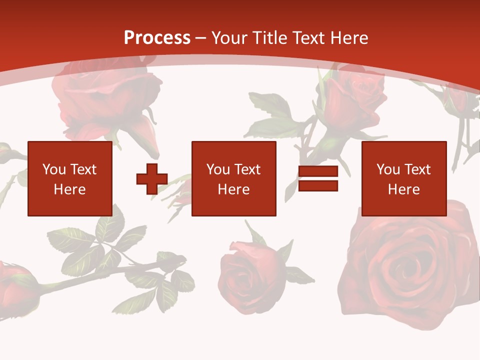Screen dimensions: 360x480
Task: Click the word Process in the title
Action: (157, 38)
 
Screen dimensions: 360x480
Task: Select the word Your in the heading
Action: (230, 38)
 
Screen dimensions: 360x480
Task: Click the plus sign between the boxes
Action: (152, 178)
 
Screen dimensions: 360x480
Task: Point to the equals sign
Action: (318, 178)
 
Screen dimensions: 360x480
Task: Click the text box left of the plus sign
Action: (70, 178)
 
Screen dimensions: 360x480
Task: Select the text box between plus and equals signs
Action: (234, 178)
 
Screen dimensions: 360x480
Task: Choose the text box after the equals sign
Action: (404, 178)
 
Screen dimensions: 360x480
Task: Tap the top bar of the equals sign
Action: (318, 171)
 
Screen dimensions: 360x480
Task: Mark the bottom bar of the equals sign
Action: (318, 186)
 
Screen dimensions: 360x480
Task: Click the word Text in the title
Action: (310, 38)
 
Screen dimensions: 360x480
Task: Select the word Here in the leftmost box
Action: (70, 189)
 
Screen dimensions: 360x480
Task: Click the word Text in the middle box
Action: (247, 169)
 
